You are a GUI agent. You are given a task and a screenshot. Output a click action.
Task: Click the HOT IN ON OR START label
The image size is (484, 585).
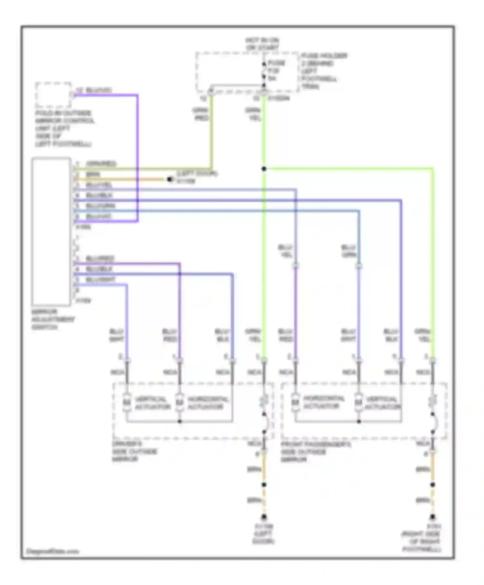(262, 44)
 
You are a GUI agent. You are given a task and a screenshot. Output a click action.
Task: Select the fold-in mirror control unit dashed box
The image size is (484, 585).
(53, 95)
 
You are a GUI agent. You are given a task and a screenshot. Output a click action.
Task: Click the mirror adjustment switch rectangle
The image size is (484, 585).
(51, 231)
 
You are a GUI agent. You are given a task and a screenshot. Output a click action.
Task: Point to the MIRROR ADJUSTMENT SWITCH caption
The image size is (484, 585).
(53, 319)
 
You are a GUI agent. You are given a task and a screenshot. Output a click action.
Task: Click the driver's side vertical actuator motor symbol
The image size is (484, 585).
(127, 402)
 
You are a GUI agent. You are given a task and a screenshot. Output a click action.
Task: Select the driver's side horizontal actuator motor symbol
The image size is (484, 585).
(179, 402)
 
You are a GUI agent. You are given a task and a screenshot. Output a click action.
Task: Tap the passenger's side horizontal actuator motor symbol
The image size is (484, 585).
(295, 402)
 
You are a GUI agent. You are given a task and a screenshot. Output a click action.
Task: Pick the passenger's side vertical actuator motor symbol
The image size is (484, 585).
(358, 402)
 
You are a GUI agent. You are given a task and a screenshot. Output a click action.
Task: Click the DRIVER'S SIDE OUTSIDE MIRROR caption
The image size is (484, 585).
(135, 451)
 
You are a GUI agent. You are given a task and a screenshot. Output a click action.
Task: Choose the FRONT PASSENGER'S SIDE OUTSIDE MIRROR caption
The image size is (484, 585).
(315, 452)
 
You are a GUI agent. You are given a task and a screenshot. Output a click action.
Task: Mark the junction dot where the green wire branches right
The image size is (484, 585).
(264, 169)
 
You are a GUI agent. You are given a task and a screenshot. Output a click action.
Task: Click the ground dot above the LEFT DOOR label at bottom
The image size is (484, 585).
(264, 517)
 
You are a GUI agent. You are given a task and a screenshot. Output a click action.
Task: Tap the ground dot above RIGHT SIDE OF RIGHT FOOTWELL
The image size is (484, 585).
(432, 517)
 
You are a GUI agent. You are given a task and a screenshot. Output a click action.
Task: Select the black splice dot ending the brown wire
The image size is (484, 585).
(170, 179)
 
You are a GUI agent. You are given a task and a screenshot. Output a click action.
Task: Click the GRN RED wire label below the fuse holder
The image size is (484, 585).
(201, 114)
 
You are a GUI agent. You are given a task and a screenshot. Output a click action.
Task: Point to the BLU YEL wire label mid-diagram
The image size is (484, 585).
(285, 251)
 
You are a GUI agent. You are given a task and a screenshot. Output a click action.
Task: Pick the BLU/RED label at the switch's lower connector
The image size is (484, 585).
(100, 259)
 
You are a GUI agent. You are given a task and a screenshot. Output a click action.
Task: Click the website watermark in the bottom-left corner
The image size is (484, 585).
(52, 551)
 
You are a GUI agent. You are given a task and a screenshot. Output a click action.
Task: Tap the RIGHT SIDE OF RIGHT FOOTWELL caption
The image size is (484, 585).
(421, 542)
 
